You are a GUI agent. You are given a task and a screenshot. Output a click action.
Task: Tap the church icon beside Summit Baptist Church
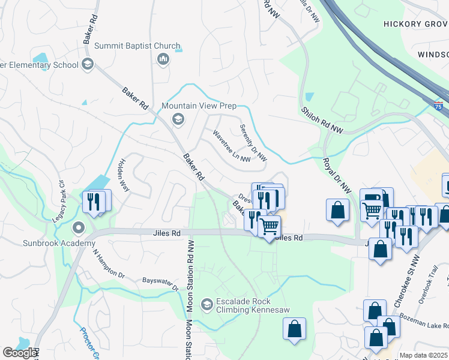tap(162, 59)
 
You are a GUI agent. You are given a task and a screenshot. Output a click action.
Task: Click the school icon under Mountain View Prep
tap(177, 119)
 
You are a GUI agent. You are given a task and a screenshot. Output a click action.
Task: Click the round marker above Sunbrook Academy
tap(78, 228)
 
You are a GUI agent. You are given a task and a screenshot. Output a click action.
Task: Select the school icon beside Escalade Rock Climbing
tap(206, 305)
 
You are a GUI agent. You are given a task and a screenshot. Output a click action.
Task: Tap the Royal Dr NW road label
tap(337, 175)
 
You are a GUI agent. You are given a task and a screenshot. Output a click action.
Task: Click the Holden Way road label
tap(124, 174)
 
